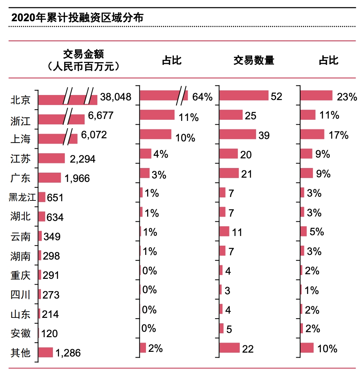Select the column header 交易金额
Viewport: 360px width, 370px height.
click(83, 54)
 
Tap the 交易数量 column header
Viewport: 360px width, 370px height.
click(253, 61)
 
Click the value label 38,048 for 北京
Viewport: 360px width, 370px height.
click(115, 97)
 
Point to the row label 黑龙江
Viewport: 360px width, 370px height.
click(22, 197)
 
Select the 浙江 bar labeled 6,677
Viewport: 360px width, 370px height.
click(62, 119)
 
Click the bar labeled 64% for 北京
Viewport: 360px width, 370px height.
click(163, 95)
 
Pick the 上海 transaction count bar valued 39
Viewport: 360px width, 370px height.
click(237, 134)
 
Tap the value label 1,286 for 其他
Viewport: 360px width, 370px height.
click(68, 353)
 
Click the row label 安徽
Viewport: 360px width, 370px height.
click(20, 333)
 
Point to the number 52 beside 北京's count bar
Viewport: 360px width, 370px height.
click(277, 96)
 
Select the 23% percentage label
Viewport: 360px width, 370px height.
click(346, 97)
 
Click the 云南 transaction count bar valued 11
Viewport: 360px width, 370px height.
click(224, 231)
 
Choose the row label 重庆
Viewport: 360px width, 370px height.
click(20, 275)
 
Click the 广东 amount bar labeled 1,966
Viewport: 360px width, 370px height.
click(50, 178)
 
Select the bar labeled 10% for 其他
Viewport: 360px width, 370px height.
click(307, 348)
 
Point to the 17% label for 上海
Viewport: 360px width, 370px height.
click(338, 135)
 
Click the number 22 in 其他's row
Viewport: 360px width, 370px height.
click(248, 349)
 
